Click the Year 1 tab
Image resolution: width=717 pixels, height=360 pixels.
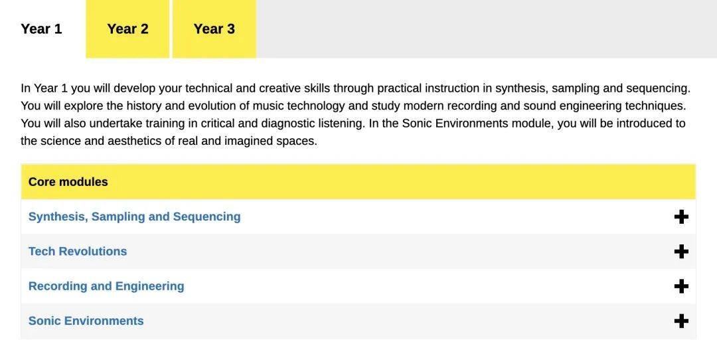(x=41, y=29)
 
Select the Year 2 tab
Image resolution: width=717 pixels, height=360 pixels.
(x=127, y=29)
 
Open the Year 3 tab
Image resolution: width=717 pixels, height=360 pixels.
(x=214, y=29)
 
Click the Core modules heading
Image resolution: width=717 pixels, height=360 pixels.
(x=68, y=181)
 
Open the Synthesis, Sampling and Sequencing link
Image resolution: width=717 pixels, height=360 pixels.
(x=134, y=217)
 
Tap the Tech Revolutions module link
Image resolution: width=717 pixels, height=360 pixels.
(x=78, y=251)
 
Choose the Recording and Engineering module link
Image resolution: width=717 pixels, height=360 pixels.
(x=106, y=286)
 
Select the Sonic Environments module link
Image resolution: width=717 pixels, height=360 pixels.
(x=86, y=321)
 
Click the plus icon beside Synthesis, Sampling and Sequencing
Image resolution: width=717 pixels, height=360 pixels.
(x=681, y=217)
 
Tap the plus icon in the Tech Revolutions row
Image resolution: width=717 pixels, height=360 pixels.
(x=681, y=252)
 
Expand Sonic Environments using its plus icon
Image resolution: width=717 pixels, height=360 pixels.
(x=681, y=321)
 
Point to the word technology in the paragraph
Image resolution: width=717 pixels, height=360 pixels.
(x=316, y=106)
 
